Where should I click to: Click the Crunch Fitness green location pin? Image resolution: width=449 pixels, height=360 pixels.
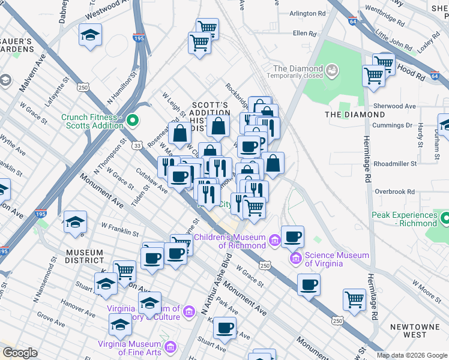click(131, 122)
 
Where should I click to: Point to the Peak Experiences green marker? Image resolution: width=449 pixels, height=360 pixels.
click(445, 219)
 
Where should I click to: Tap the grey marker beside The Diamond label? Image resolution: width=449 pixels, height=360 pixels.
click(332, 71)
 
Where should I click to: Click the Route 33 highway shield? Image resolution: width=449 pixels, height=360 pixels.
click(137, 145)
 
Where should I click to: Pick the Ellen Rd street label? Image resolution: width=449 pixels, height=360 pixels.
click(304, 34)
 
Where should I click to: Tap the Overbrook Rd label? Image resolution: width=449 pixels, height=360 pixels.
click(395, 192)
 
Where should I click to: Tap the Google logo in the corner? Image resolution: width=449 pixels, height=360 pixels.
click(19, 353)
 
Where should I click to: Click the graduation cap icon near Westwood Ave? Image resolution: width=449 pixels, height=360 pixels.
click(90, 35)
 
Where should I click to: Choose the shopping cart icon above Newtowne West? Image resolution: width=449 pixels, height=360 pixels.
click(354, 299)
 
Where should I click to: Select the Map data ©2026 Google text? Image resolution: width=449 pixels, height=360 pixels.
click(412, 355)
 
